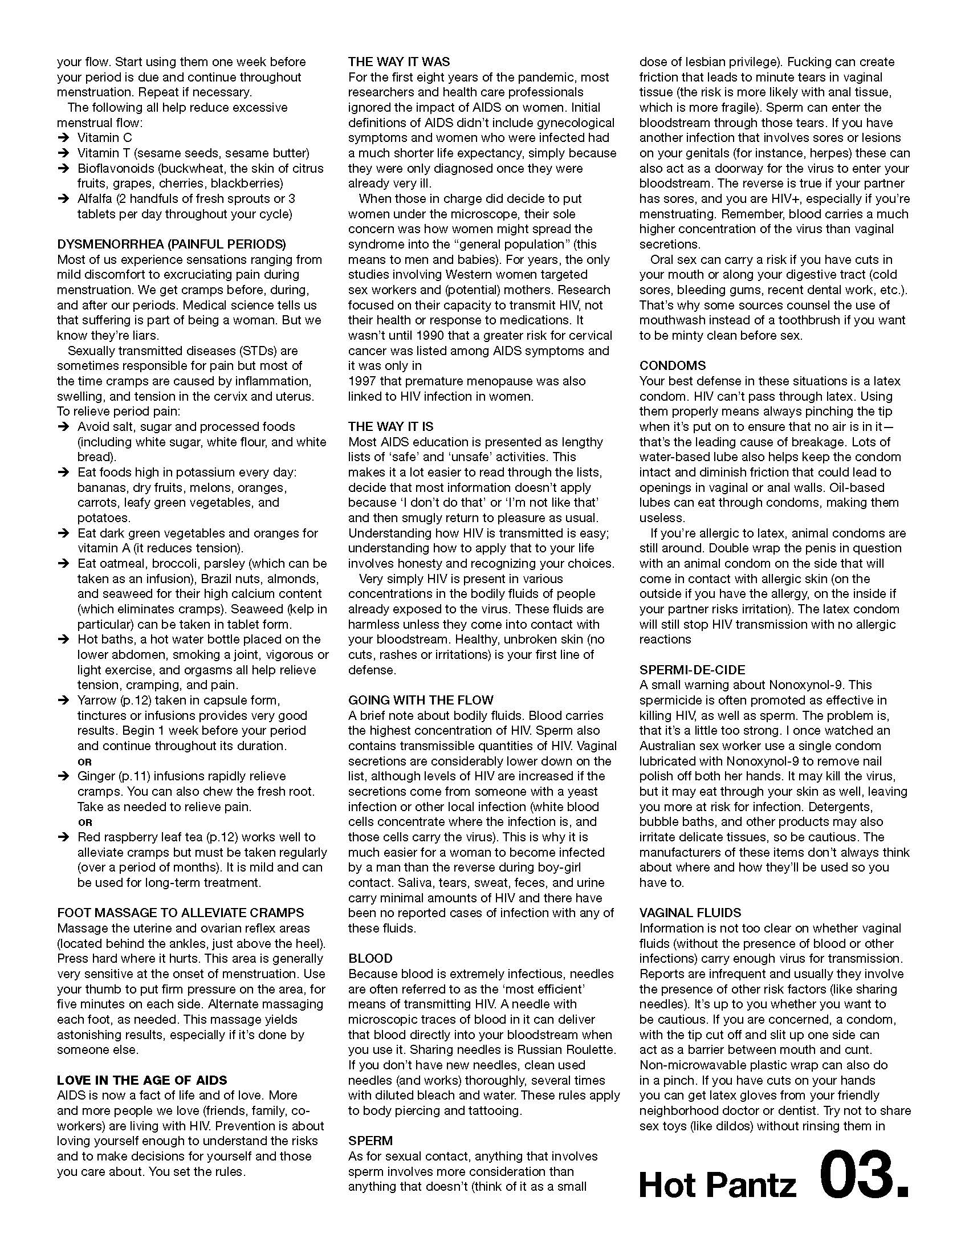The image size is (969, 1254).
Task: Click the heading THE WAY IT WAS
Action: (399, 62)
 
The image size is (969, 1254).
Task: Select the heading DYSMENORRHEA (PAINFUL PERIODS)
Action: (171, 244)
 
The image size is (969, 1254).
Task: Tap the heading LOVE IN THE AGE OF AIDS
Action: (142, 1080)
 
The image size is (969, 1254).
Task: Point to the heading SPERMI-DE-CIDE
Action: (693, 670)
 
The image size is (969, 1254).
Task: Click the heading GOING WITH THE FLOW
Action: (421, 700)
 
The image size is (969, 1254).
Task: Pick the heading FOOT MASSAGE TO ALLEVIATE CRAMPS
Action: (180, 913)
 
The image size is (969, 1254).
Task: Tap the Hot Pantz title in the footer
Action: (718, 1185)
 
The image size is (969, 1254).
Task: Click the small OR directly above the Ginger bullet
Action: (84, 762)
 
